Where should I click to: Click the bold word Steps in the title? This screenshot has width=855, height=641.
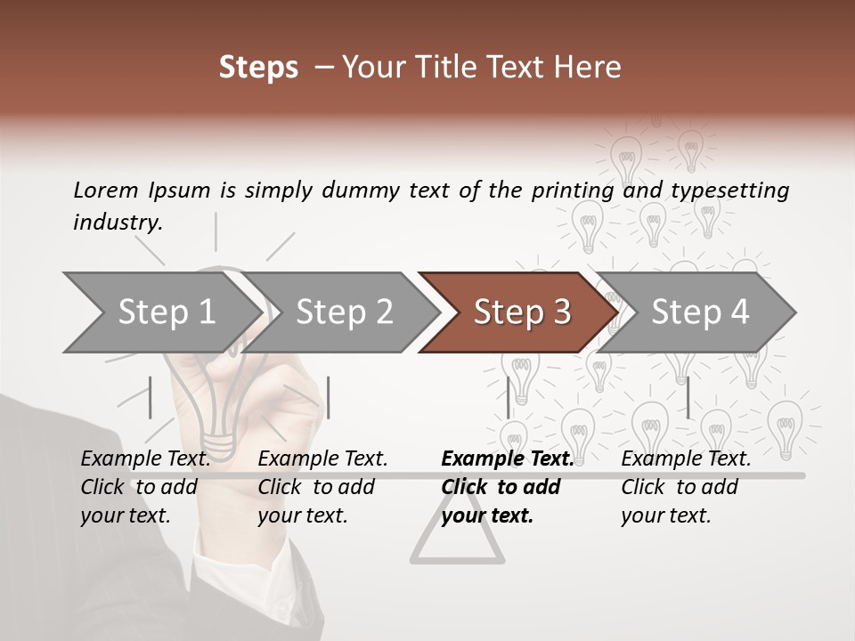[x=258, y=68]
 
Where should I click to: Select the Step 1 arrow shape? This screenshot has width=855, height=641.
[x=166, y=312]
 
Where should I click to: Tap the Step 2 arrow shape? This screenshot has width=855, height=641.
[x=344, y=312]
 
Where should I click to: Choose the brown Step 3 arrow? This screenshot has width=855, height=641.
[x=521, y=312]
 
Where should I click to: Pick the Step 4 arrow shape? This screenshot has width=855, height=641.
[x=699, y=312]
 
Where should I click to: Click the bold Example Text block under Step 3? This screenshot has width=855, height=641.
[x=507, y=487]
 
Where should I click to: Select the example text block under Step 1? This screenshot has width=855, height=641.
[x=145, y=487]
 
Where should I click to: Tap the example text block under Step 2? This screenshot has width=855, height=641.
[x=322, y=487]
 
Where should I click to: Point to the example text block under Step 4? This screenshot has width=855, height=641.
[x=686, y=487]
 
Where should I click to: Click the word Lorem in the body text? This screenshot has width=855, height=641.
[x=106, y=190]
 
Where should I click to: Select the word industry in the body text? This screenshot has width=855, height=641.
[x=117, y=223]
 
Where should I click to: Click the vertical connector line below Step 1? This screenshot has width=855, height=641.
[x=151, y=397]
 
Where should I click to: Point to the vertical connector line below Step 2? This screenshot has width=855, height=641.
[x=329, y=397]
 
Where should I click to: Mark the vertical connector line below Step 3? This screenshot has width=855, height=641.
[x=508, y=397]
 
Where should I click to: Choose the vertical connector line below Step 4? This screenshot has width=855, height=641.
[x=688, y=397]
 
